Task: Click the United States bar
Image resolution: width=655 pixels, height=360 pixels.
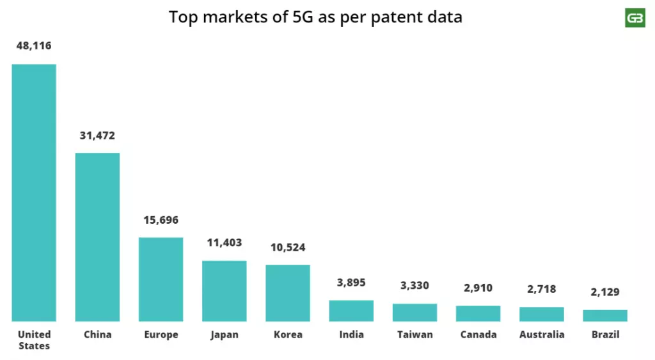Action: (34, 192)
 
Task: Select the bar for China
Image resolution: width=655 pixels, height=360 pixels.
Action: (97, 237)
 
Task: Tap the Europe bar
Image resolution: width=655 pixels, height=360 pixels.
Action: (161, 279)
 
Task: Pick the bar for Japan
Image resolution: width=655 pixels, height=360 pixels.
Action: (224, 290)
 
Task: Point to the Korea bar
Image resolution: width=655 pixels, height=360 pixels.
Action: (288, 292)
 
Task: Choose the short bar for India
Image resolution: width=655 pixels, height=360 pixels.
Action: (351, 310)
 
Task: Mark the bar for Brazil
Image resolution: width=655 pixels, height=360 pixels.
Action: (605, 315)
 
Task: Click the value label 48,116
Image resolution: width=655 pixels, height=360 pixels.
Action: (34, 46)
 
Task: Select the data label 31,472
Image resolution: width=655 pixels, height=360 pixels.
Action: (97, 136)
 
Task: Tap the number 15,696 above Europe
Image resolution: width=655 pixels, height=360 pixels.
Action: (161, 220)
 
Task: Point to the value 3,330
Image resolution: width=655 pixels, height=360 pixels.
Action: (414, 285)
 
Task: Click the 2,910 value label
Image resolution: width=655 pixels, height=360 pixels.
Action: (478, 288)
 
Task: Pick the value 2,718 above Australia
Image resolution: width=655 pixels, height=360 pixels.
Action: (541, 289)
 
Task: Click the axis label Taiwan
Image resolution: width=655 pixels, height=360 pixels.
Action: (414, 334)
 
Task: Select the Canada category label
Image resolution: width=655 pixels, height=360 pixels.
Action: (478, 334)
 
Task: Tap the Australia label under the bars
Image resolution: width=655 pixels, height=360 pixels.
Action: (542, 334)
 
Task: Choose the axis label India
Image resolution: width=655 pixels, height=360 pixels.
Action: (351, 334)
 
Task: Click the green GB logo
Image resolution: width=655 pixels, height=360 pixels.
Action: (635, 18)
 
